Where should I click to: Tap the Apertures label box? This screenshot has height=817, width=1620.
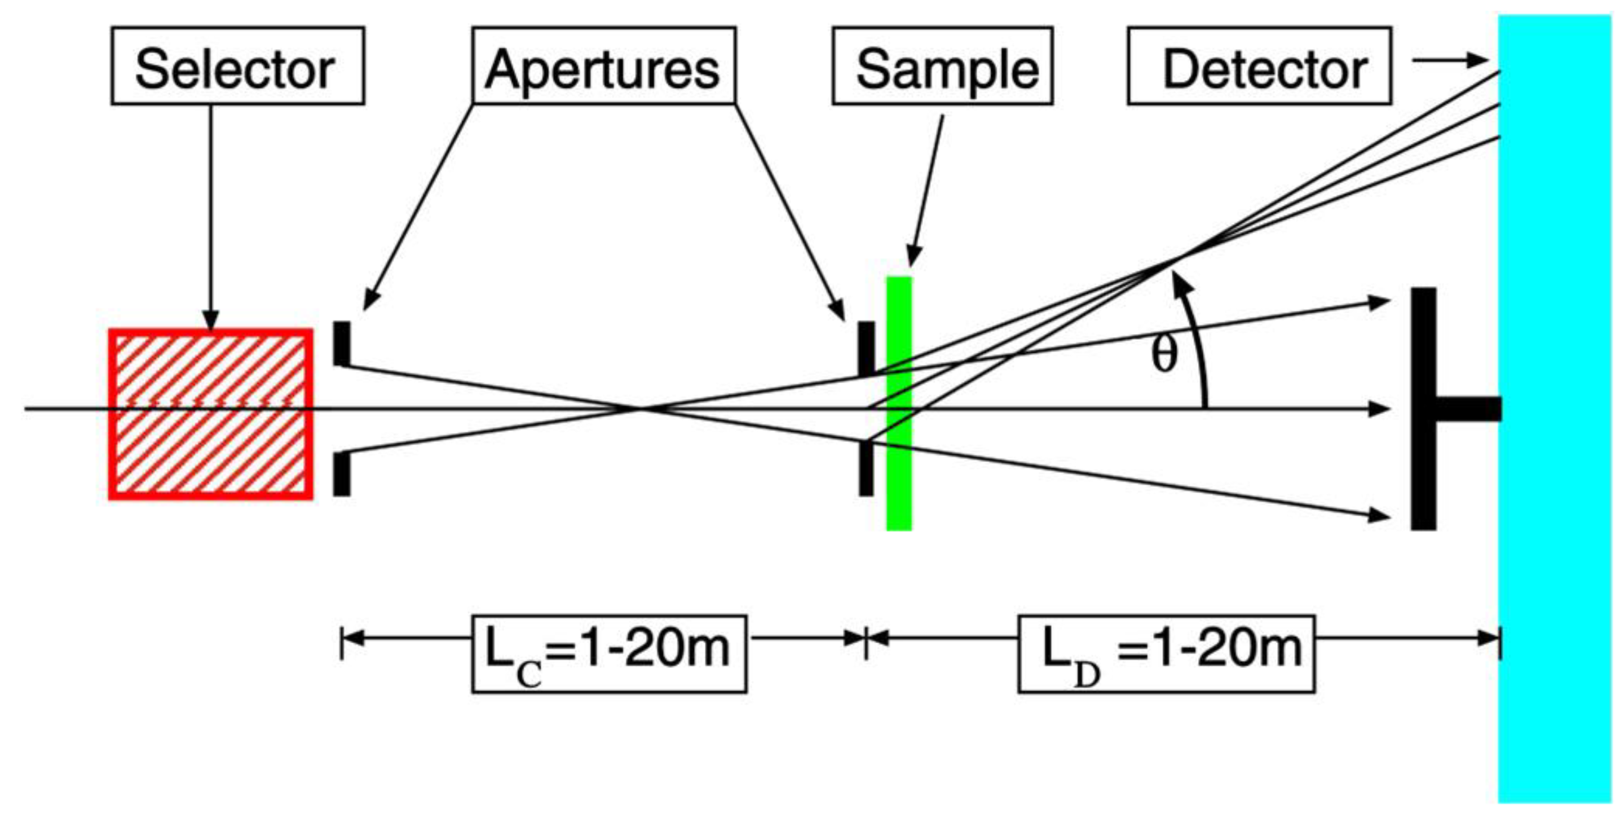(x=603, y=65)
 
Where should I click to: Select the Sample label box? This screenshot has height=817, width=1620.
(x=942, y=65)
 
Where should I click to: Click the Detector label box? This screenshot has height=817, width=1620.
(x=1259, y=65)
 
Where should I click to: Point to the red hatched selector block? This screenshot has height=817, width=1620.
(x=211, y=414)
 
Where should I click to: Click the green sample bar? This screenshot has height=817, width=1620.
(x=899, y=403)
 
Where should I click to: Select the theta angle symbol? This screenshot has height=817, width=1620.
(x=1163, y=355)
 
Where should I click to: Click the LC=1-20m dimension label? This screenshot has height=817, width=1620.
(x=609, y=653)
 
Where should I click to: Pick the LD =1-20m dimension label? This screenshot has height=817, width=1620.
(x=1166, y=653)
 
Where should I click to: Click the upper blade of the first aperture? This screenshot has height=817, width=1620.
(x=341, y=343)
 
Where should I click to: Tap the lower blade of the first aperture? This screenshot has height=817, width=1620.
(x=341, y=473)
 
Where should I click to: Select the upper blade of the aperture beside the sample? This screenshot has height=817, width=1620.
(x=866, y=348)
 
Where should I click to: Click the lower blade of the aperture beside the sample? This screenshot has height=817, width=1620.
(x=866, y=467)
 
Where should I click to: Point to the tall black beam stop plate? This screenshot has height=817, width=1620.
(x=1423, y=409)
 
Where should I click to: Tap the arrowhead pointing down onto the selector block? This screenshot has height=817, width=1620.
(x=211, y=321)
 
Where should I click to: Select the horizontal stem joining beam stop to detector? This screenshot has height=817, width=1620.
(x=1468, y=409)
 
